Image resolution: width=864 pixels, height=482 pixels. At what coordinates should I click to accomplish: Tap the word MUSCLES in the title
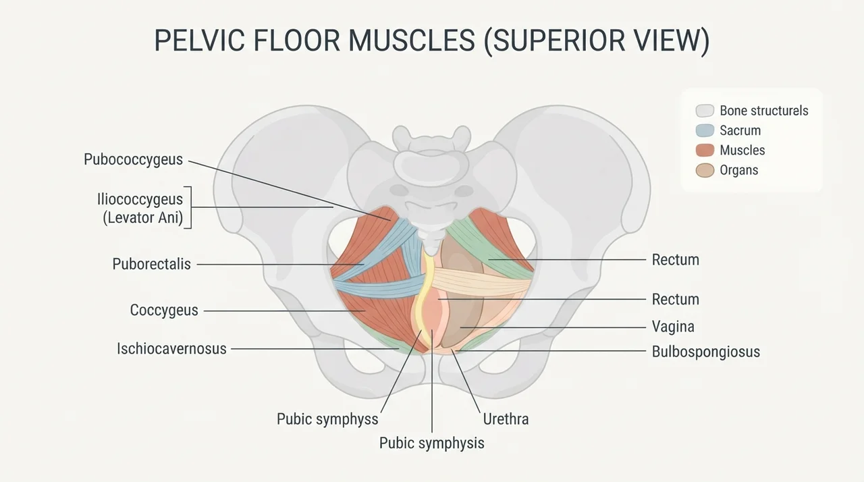pos(411,40)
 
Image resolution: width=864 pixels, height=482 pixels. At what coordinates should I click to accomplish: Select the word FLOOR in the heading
pos(296,40)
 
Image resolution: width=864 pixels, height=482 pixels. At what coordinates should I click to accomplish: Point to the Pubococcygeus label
pos(133,159)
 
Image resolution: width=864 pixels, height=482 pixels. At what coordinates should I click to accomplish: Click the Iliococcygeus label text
pos(140,199)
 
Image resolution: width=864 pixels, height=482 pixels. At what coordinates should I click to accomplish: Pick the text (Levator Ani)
pos(142,217)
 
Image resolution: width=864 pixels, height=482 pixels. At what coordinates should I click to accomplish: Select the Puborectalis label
pos(152,264)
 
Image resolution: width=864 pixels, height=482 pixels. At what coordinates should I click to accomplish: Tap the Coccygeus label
pos(164,310)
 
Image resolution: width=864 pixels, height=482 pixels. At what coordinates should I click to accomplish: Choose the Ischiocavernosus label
pos(171,348)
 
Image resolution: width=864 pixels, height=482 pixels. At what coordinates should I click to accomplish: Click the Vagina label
pos(673,327)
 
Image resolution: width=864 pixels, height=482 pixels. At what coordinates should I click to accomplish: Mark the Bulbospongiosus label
pos(706,352)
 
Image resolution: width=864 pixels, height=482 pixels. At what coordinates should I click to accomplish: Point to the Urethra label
pos(506,419)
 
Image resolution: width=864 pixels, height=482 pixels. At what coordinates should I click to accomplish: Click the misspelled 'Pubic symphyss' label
pos(327,419)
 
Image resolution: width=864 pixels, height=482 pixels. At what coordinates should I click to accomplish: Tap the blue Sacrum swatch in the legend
pos(705,130)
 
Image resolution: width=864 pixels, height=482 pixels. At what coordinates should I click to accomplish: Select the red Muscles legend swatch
pos(705,150)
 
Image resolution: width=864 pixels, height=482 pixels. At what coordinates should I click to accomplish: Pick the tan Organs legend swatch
pos(705,170)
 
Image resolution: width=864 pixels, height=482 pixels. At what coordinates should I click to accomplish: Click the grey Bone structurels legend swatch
pos(705,111)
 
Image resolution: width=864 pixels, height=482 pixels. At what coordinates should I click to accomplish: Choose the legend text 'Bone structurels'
pos(764,111)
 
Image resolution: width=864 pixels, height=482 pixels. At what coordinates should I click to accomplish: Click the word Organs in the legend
pos(739,170)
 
